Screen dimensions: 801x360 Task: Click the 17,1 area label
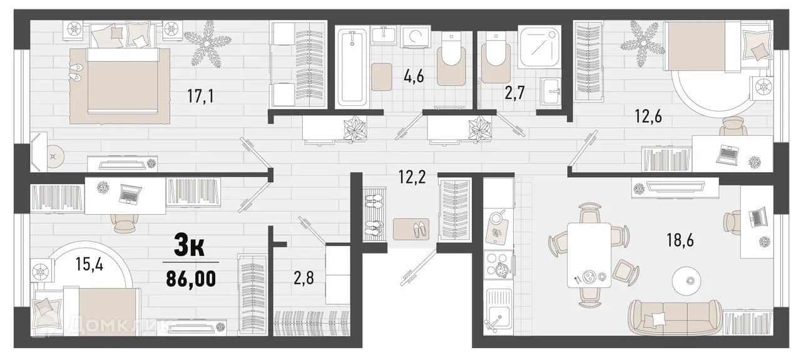[x=201, y=96]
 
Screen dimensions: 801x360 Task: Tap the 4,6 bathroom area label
[x=414, y=76]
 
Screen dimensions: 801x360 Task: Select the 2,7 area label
[x=514, y=93]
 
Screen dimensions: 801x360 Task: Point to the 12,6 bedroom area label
[x=648, y=116]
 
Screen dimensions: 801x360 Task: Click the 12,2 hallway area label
[x=412, y=177]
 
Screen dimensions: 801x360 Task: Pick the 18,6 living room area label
[x=680, y=240]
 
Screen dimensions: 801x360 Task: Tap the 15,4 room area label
[x=89, y=264]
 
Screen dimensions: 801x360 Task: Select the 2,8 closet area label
[x=304, y=278]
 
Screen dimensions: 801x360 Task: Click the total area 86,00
[x=191, y=279]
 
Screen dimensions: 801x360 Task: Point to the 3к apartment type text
[x=189, y=245]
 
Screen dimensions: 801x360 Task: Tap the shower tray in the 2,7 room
[x=540, y=46]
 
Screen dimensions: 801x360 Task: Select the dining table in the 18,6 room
[x=589, y=255]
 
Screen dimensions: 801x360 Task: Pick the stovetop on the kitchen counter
[x=497, y=264]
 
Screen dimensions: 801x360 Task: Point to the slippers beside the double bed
[x=76, y=72]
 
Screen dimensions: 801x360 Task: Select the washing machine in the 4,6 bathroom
[x=415, y=36]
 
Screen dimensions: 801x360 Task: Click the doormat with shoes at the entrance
[x=411, y=229]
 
